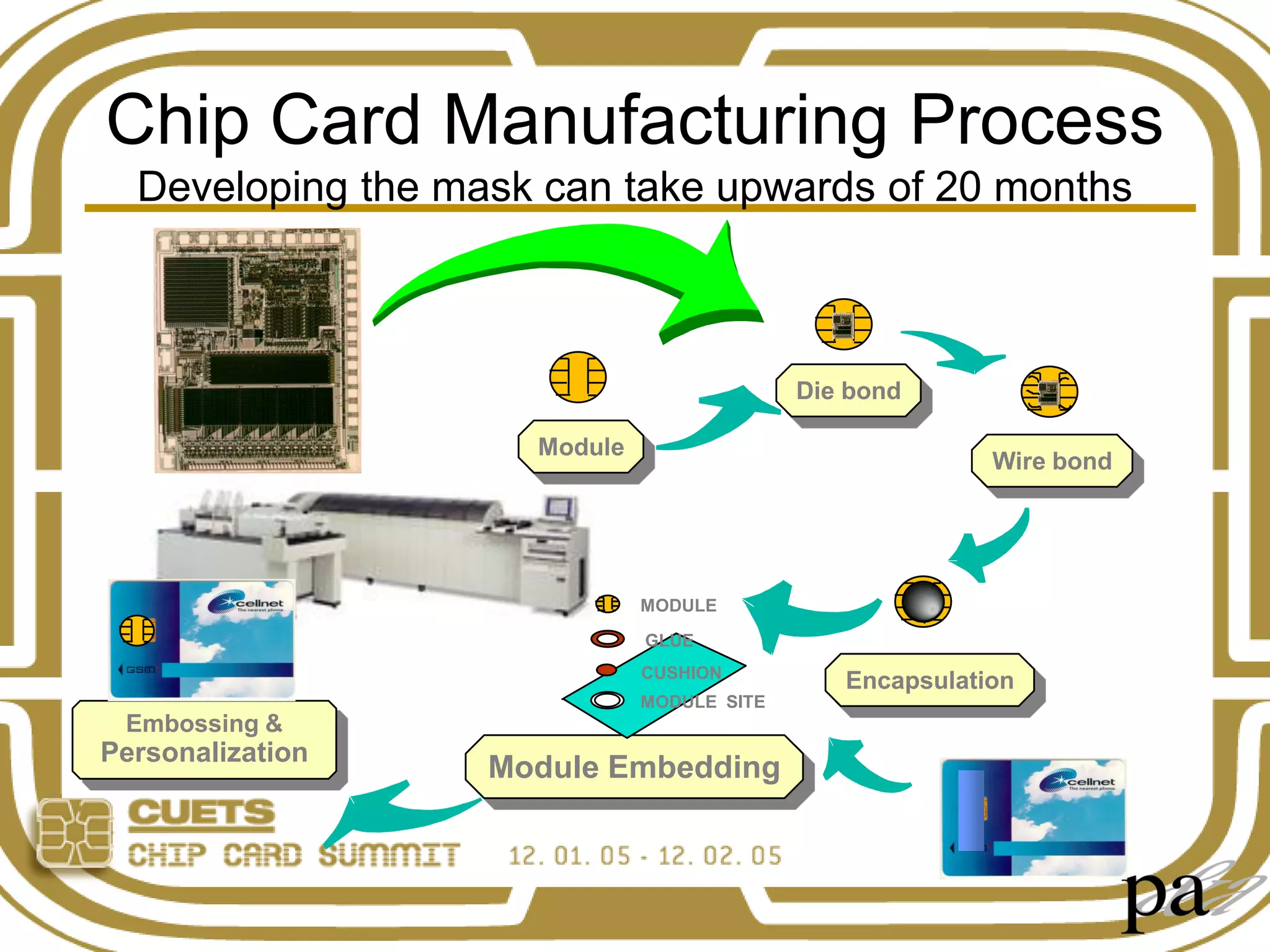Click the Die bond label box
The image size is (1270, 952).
(848, 390)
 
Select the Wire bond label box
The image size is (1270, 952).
(1052, 461)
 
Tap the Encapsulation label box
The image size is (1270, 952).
(930, 680)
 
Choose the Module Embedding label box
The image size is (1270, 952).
(634, 767)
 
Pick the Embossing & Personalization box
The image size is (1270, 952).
(204, 738)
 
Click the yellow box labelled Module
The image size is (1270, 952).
(580, 447)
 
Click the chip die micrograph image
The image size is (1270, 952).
(257, 350)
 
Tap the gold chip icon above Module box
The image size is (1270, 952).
(577, 377)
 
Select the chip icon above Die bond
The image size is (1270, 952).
(843, 324)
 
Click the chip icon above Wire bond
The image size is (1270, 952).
(1049, 392)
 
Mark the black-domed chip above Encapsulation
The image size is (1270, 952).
(923, 601)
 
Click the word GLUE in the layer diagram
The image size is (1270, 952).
(668, 640)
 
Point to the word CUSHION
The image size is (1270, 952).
(681, 672)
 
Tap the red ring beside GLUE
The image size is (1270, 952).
(607, 638)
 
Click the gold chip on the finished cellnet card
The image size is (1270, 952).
(137, 630)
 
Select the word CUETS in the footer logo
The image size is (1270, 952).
(202, 814)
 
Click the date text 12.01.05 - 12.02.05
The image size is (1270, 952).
(645, 856)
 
